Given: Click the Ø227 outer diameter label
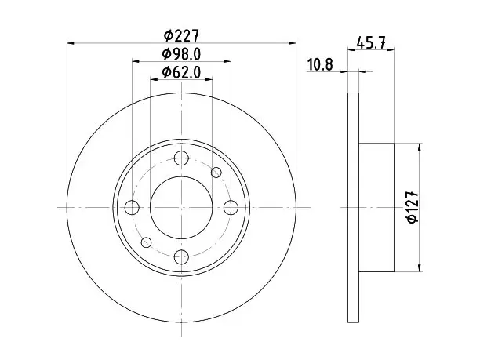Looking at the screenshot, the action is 181,36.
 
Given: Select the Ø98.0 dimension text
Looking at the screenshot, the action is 181,54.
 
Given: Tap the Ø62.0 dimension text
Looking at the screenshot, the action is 181,73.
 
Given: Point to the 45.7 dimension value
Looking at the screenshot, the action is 371,42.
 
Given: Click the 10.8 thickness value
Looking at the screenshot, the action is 320,65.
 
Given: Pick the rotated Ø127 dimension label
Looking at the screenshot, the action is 413,207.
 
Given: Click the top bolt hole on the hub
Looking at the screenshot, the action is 181,158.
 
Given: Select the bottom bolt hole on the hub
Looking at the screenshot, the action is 181,256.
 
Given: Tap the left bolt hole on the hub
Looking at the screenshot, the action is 132,208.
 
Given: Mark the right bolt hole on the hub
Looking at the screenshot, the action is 231,208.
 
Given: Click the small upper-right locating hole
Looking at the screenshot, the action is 216,173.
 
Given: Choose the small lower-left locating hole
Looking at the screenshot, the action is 147,242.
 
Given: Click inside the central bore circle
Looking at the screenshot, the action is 181,208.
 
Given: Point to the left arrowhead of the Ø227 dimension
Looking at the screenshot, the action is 71,43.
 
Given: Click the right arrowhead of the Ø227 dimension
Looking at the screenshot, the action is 293,43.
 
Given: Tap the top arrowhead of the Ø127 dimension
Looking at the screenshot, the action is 420,147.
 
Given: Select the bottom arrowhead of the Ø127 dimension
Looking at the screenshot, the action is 420,268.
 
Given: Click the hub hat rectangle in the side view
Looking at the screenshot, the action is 376,208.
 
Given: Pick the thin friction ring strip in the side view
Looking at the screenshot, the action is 353,208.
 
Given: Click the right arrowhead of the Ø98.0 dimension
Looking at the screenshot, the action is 227,61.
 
